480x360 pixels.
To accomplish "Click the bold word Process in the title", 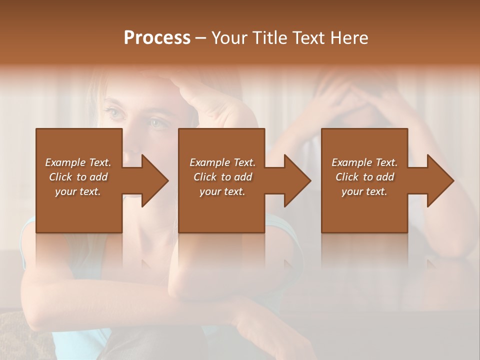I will coord(157,38).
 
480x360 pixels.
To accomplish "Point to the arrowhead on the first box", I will coord(152,181).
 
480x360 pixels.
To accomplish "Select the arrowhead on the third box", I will coord(438,181).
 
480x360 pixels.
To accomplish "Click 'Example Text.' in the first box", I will coord(78,162).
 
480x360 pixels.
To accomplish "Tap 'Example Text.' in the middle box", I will coord(222,162).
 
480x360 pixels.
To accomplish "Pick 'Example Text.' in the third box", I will coord(364,162).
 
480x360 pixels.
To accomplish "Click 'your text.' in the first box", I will coord(78,191).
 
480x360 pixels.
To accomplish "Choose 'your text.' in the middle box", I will coord(222,191).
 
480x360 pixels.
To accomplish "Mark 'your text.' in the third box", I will coord(364,191).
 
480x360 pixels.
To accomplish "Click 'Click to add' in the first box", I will coord(78,177).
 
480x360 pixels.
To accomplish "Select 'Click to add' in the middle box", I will coord(222,177).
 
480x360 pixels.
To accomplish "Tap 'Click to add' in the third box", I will coord(364,177).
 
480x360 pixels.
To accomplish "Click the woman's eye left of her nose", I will coord(115,114).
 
